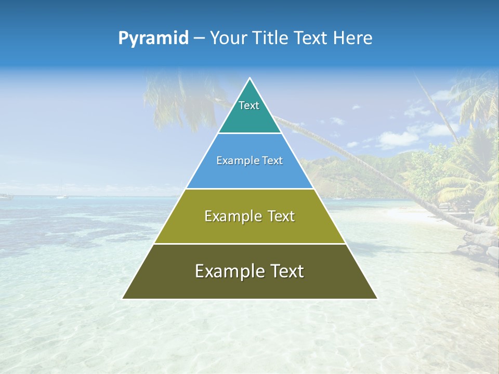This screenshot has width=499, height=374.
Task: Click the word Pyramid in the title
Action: coord(153,38)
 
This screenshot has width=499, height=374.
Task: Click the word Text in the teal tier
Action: coord(249,105)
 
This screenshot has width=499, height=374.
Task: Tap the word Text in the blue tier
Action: coord(271,161)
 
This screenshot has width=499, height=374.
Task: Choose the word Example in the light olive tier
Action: coord(232,216)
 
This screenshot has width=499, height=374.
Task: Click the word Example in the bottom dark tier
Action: coord(227,271)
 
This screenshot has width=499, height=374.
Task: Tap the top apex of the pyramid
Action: coord(249,78)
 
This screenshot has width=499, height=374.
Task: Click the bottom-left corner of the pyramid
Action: coord(123,298)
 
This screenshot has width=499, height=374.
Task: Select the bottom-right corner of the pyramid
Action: coord(376,298)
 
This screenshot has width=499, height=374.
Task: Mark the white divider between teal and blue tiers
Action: coord(249,133)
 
